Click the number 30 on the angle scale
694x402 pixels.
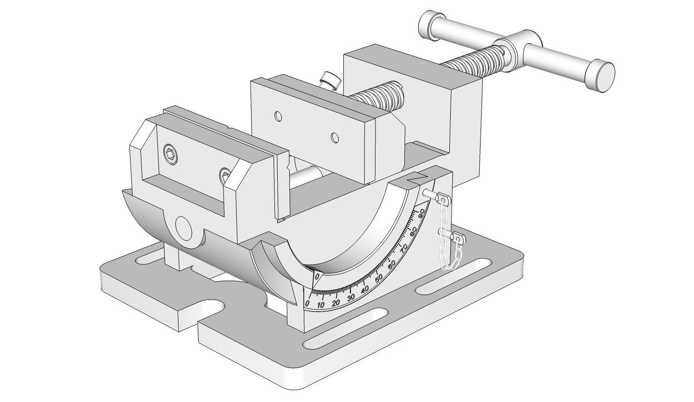click(x=351, y=297)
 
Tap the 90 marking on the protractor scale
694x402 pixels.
click(x=421, y=212)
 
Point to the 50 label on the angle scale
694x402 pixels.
click(x=379, y=279)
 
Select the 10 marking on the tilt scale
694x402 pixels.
click(x=321, y=305)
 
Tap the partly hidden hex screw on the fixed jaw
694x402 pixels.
click(x=224, y=173)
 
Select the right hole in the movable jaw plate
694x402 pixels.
click(x=335, y=137)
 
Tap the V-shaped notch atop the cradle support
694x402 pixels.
click(x=418, y=178)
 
